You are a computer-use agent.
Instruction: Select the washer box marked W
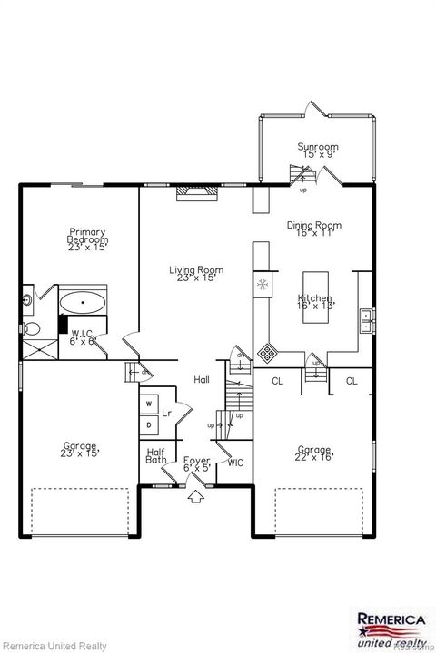(x=148, y=404)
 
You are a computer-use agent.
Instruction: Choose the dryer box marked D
(x=148, y=424)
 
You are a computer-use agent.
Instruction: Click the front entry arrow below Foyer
(x=196, y=496)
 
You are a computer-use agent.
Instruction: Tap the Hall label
(x=202, y=380)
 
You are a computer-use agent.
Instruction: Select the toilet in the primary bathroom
(x=30, y=328)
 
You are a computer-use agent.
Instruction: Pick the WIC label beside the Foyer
(x=235, y=463)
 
